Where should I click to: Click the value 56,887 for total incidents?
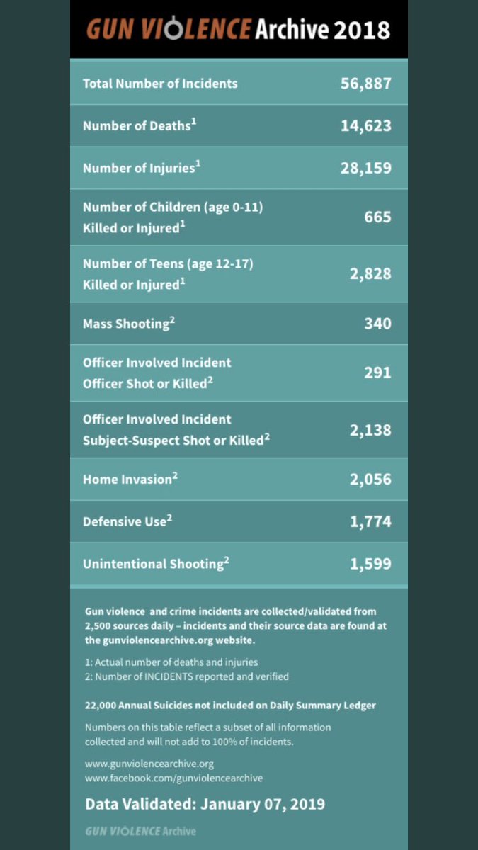coord(365,84)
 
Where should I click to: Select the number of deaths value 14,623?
coord(365,126)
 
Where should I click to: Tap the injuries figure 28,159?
coord(365,169)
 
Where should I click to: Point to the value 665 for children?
coord(377,217)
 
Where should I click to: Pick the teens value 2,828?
coord(370,273)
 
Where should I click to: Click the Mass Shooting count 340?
coord(377,324)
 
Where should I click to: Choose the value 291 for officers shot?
coord(377,372)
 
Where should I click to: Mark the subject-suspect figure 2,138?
coord(370,429)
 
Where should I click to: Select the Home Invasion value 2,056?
coord(370,479)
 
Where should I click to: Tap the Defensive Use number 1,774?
coord(370,522)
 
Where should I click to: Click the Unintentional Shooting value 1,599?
coord(370,564)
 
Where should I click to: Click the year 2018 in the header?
coord(362,30)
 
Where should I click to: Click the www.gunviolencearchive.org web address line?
coord(149,764)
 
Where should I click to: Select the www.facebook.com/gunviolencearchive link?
coord(173,778)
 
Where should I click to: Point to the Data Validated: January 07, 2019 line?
coord(205,804)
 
